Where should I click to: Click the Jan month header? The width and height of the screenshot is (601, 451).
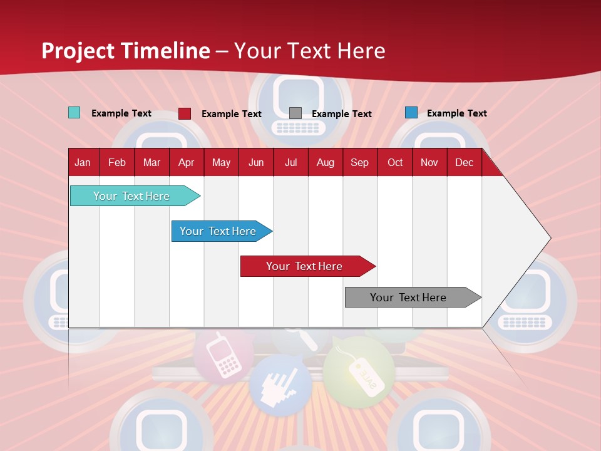tap(83, 162)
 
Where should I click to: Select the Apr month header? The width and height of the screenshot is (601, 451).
tap(186, 162)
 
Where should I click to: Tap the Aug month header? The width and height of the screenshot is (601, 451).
tap(325, 162)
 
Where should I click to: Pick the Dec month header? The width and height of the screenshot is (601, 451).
tap(464, 162)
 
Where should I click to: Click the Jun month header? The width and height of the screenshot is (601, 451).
tap(255, 162)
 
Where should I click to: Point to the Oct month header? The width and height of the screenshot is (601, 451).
tap(394, 162)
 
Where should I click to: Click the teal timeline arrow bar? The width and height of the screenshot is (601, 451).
tap(131, 196)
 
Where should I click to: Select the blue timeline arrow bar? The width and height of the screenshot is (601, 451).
tap(218, 231)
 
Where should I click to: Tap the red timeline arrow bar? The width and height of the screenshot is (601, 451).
tap(304, 266)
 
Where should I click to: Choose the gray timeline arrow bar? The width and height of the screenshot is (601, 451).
tap(408, 298)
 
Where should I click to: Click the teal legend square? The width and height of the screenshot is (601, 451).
tap(74, 113)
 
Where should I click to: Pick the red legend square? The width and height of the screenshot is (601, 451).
tap(184, 113)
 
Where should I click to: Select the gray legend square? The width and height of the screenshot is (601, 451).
tap(295, 113)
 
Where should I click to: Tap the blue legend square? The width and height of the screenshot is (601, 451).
tap(411, 113)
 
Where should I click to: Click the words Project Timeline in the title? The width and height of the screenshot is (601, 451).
tap(125, 50)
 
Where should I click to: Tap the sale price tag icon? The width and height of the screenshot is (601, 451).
tap(359, 373)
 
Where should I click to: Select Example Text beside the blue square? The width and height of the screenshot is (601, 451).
tap(456, 113)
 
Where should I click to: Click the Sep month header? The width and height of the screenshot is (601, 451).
tap(359, 162)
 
